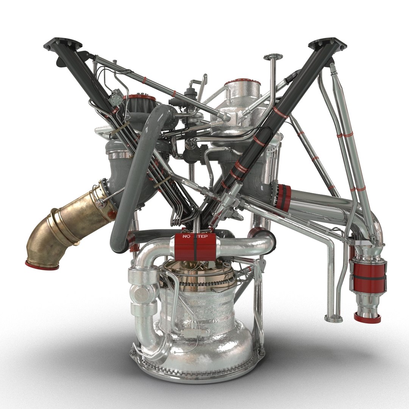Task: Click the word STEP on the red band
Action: click(201, 237)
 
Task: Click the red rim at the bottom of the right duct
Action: click(367, 318)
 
